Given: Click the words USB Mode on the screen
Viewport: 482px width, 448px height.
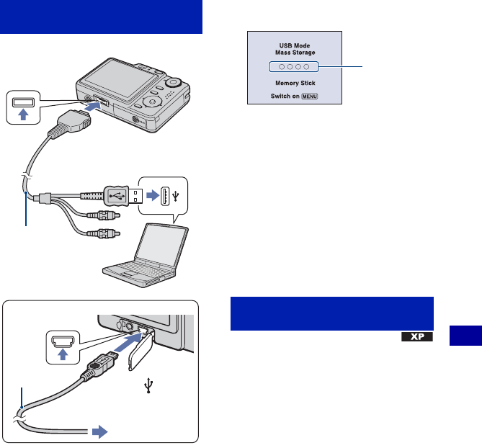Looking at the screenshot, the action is pos(295,45).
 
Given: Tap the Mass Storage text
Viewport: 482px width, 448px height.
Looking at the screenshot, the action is pos(295,53).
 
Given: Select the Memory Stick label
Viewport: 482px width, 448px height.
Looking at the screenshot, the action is pos(295,83).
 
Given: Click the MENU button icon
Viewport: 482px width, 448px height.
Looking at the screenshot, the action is pos(310,97).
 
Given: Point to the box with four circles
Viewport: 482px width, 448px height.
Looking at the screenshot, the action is pos(293,67).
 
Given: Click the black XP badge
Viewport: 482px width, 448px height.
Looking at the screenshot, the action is pos(417,337).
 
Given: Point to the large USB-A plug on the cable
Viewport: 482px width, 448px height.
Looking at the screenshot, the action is pos(123,196).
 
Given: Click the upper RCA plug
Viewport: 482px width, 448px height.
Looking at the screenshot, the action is pos(104,215).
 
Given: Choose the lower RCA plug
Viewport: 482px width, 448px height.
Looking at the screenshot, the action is pos(104,234).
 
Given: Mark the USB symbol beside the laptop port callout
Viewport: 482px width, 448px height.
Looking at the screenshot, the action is pos(176,196).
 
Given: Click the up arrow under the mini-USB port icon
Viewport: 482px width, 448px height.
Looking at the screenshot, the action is pos(63,354).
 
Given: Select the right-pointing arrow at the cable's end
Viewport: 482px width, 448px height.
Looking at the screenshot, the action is pos(100,431).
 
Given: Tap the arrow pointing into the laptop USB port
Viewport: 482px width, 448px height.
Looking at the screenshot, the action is pos(153,195).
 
